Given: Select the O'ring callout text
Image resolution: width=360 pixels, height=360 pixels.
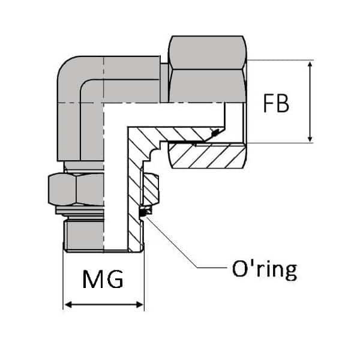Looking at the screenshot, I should [264, 269].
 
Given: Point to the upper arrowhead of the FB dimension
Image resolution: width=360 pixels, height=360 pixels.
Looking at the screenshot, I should [310, 64].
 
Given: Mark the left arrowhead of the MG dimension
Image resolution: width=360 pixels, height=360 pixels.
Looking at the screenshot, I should [67, 305].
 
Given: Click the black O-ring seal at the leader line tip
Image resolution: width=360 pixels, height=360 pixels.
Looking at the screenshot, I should [144, 212].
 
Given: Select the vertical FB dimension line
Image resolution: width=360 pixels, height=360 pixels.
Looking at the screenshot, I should [310, 102].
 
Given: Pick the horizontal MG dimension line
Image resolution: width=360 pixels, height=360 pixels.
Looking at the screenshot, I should [103, 305].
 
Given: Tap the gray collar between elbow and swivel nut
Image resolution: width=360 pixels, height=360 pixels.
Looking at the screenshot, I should [164, 78].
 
